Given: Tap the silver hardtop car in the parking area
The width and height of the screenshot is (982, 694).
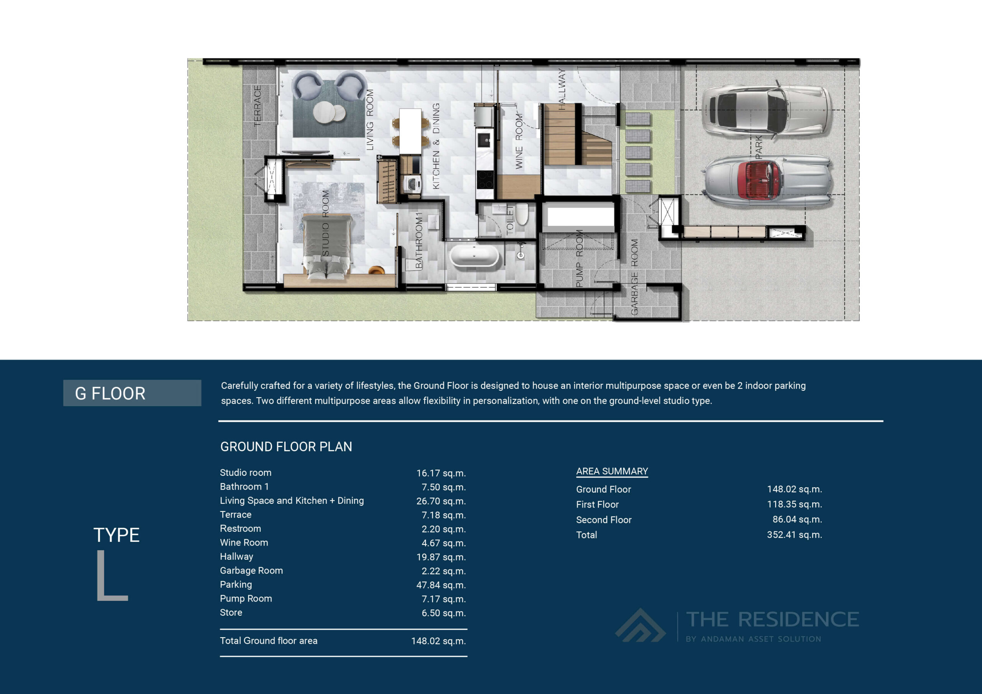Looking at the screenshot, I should pyautogui.click(x=766, y=110).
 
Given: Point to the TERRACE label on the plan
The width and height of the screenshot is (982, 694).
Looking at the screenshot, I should pyautogui.click(x=257, y=105).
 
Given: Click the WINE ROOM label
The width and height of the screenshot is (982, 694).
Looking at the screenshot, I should pyautogui.click(x=519, y=141).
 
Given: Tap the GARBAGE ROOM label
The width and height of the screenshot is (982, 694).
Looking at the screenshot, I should pyautogui.click(x=634, y=277).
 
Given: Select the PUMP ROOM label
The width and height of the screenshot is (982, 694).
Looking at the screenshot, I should pyautogui.click(x=580, y=258).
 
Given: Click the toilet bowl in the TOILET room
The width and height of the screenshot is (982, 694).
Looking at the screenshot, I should pyautogui.click(x=521, y=214).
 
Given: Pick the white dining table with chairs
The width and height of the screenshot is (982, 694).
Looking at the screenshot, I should pyautogui.click(x=410, y=131).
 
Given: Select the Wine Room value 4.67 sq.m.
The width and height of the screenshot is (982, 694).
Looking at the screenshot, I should pyautogui.click(x=443, y=543).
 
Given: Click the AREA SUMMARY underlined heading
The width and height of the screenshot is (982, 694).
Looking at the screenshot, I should pyautogui.click(x=611, y=471).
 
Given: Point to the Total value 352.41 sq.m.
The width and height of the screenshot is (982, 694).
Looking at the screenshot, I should pyautogui.click(x=794, y=535).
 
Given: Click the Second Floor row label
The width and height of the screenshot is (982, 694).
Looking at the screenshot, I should pyautogui.click(x=603, y=520).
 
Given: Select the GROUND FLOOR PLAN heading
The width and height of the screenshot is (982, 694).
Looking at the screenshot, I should pyautogui.click(x=286, y=447).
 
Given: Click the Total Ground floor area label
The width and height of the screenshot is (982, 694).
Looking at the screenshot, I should pyautogui.click(x=269, y=641).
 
